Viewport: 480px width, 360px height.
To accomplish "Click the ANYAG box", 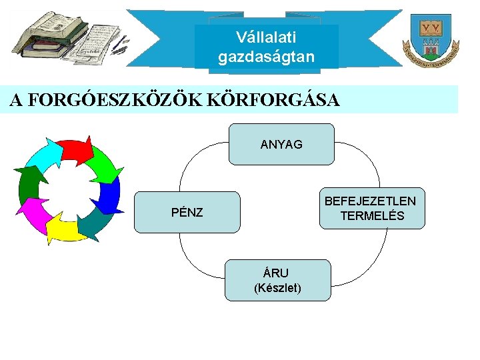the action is click(x=281, y=144).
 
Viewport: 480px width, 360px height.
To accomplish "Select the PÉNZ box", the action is click(x=187, y=212).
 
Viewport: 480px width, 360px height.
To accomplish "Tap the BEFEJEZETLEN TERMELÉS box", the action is click(x=371, y=208).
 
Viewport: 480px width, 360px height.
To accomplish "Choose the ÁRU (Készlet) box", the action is click(x=278, y=280).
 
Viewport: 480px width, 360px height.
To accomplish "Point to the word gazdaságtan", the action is click(x=266, y=57).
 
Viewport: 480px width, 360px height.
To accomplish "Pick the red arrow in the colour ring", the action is click(x=75, y=150).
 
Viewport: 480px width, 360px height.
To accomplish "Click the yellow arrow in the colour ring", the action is click(x=65, y=229).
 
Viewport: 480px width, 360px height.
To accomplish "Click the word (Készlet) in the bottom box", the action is click(x=278, y=289).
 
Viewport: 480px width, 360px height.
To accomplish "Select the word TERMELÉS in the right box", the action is click(x=372, y=216).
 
